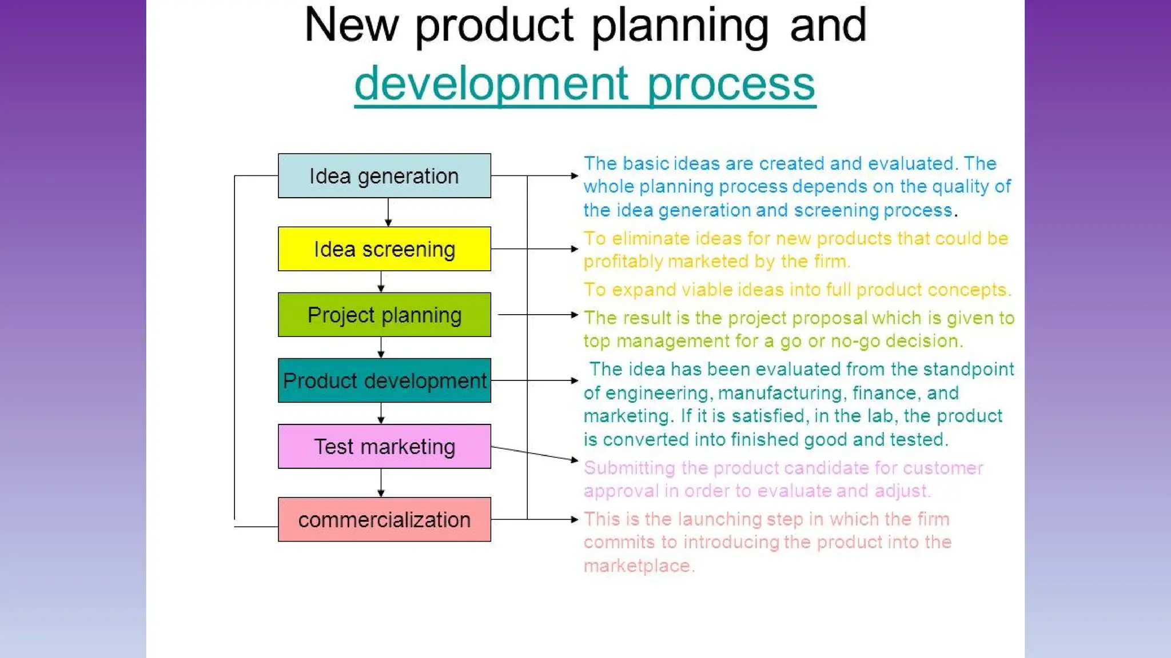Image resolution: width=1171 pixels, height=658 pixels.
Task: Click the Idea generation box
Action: (384, 176)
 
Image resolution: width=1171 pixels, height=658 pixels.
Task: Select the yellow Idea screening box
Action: (384, 249)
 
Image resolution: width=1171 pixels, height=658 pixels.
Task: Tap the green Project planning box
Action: (384, 315)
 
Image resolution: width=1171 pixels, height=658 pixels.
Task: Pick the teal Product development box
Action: (384, 380)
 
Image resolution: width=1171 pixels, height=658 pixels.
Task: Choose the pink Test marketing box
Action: (384, 447)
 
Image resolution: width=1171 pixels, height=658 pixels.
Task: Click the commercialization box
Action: (384, 520)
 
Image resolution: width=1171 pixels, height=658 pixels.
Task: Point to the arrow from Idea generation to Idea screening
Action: (388, 212)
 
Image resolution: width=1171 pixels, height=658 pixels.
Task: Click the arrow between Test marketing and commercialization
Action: (381, 483)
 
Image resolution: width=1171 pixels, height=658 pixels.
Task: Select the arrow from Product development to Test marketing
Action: (381, 414)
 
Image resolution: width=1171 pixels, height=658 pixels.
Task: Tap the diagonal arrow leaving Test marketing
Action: (535, 454)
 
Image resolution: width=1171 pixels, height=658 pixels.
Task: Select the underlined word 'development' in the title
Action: (492, 83)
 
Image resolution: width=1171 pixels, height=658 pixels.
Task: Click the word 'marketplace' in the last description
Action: (638, 566)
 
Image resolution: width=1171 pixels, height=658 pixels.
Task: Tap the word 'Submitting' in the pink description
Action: (630, 468)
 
